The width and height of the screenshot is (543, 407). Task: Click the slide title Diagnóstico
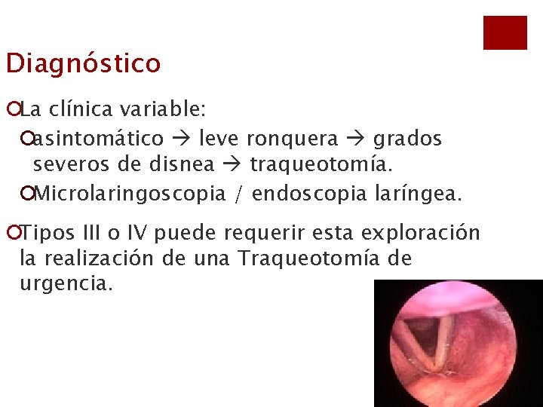(x=83, y=63)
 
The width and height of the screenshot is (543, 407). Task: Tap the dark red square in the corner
(x=505, y=32)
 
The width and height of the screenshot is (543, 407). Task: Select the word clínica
(x=80, y=110)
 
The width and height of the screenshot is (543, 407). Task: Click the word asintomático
(x=99, y=139)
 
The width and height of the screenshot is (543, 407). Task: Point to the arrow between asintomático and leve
(x=181, y=139)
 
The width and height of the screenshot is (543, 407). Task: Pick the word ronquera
(x=293, y=139)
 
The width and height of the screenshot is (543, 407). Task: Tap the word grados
(x=408, y=139)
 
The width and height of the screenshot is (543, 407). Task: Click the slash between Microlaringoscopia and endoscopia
(x=238, y=194)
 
